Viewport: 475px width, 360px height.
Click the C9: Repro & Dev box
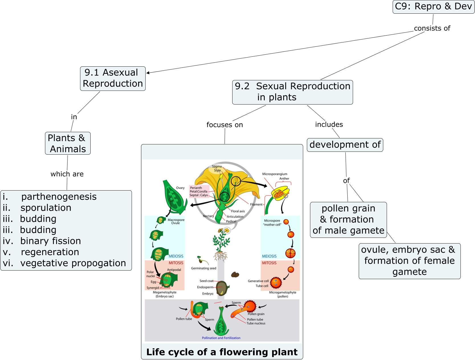(433, 7)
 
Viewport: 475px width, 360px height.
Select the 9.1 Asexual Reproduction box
(113, 78)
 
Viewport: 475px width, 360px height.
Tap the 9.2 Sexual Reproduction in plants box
(292, 92)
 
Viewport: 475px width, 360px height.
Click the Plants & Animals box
(68, 143)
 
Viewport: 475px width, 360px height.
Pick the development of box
(345, 145)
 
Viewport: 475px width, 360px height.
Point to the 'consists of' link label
(432, 28)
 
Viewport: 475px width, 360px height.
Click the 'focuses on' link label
(225, 125)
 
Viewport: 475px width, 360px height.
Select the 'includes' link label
(329, 124)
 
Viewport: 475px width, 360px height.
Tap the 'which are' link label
(67, 174)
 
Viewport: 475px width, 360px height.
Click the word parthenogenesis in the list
(59, 197)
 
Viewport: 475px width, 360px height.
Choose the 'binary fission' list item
(50, 241)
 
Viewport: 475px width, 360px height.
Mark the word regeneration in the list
(50, 252)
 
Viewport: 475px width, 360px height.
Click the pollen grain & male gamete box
(348, 220)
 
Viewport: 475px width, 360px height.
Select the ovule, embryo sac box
(409, 261)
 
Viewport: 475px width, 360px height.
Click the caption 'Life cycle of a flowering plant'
(222, 352)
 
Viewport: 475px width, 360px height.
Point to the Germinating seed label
(203, 268)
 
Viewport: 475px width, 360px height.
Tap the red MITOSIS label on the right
(269, 263)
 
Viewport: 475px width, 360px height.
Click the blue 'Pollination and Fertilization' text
(221, 338)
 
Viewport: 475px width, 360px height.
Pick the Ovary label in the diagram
(180, 188)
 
